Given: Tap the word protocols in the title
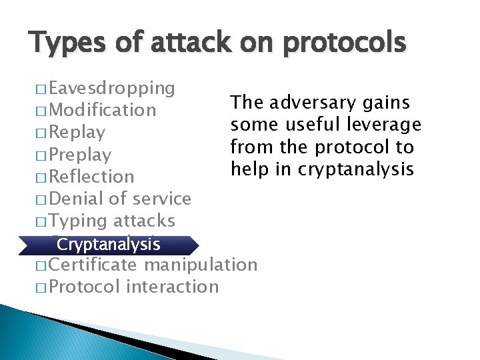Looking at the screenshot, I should [345, 43].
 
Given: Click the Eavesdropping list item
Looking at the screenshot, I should [112, 88].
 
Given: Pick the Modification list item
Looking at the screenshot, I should [103, 110].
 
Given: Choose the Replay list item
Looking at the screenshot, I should [77, 132].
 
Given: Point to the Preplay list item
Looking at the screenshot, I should [80, 155].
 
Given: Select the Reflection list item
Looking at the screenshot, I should [92, 177].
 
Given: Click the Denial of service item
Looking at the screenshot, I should [120, 199].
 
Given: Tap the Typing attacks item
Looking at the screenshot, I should [112, 221].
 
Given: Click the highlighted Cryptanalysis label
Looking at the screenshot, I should [108, 244].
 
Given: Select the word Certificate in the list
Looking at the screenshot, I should [93, 265].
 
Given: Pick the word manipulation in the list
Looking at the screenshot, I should [201, 265].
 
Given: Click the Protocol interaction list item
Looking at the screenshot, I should [133, 287].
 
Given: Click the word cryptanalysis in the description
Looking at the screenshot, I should [356, 169].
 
